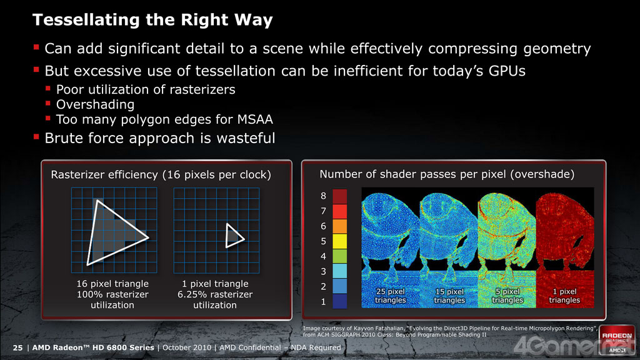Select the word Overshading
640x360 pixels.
click(95, 105)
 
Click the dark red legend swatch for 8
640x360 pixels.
click(339, 196)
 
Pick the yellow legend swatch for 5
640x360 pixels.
click(339, 241)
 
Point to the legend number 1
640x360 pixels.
click(323, 302)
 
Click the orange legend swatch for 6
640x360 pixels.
click(339, 226)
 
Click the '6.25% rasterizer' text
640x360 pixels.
click(215, 294)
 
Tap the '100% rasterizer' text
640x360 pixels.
click(112, 294)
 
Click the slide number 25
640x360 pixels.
click(17, 347)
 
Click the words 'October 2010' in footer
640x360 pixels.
click(187, 347)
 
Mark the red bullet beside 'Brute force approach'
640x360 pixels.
click(36, 137)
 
